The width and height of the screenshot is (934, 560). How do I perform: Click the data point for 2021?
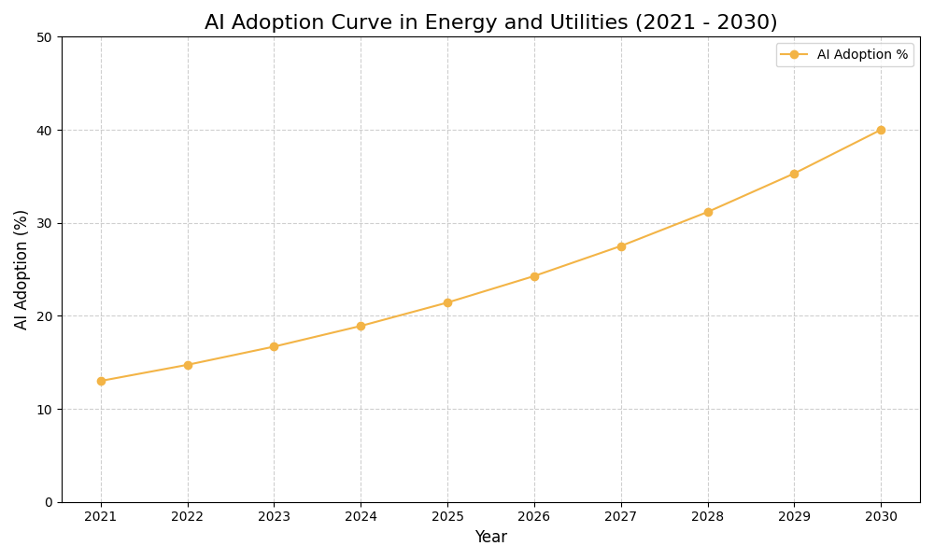coord(101,381)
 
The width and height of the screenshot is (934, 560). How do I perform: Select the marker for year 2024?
coord(361,326)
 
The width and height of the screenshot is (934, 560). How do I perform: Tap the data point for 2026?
coord(534,276)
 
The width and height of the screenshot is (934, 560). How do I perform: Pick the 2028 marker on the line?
coord(708,212)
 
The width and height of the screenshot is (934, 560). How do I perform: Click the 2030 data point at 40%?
coord(881,130)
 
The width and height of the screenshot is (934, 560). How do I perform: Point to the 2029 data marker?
coord(794,174)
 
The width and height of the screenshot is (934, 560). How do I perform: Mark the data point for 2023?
coord(274,346)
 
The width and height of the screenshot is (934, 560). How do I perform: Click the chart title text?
coord(490,22)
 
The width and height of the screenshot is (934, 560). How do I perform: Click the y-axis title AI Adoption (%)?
coord(21,269)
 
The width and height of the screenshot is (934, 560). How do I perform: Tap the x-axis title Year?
coord(490,538)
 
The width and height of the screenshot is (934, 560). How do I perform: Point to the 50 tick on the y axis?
coord(44,37)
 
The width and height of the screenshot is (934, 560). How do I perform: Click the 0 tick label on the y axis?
coord(49,502)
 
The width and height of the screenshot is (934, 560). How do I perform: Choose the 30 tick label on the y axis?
coord(44,223)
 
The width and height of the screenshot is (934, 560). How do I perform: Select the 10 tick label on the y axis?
coord(44,409)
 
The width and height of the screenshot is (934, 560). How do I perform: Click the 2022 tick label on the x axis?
coord(188,517)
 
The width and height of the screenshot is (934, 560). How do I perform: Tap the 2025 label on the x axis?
coord(447,517)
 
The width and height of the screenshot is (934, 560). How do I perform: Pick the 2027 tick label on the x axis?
coord(621,517)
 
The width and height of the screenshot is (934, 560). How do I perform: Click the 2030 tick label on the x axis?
coord(881,517)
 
